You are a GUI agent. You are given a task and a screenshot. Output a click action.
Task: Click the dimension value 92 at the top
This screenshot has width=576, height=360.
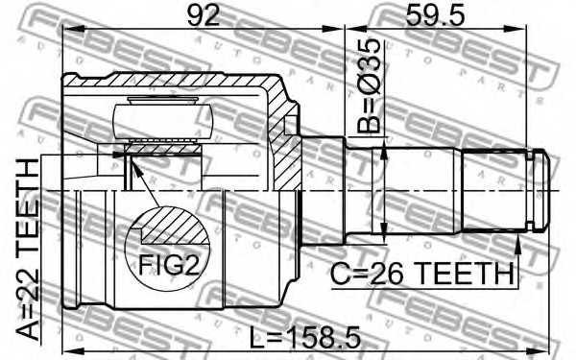(x=203, y=14)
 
